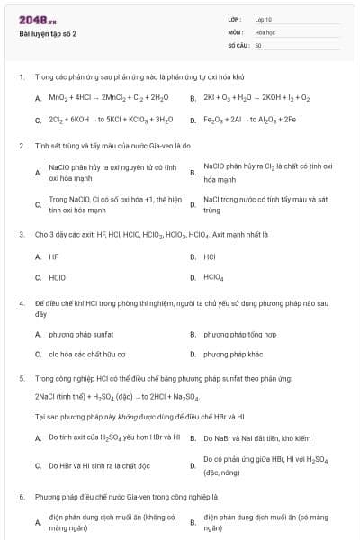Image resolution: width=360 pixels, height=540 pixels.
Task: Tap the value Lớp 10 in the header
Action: coord(263,19)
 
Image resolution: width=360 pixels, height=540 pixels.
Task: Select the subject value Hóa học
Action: coord(265,31)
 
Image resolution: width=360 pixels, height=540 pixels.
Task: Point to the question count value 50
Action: coord(258,44)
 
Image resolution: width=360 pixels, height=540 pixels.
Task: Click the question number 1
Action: coord(21,76)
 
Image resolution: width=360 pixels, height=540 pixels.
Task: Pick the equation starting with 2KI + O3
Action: coord(256,97)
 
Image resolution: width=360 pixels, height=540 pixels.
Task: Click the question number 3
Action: coord(21,234)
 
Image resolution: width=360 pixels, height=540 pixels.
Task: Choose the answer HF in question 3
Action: coord(53,256)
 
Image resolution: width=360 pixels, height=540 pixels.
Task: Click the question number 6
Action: coord(21,496)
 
